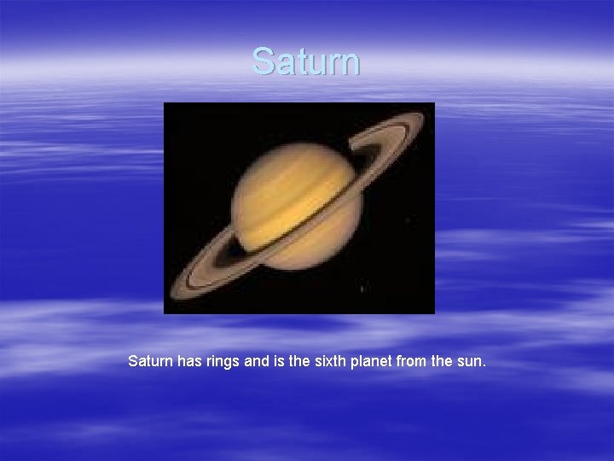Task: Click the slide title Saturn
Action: pyautogui.click(x=306, y=61)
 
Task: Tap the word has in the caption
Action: pyautogui.click(x=191, y=361)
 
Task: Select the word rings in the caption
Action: pyautogui.click(x=225, y=361)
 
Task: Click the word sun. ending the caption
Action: pyautogui.click(x=472, y=361)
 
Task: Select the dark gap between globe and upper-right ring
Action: pyautogui.click(x=369, y=158)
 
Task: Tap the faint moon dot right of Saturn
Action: pyautogui.click(x=407, y=220)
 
